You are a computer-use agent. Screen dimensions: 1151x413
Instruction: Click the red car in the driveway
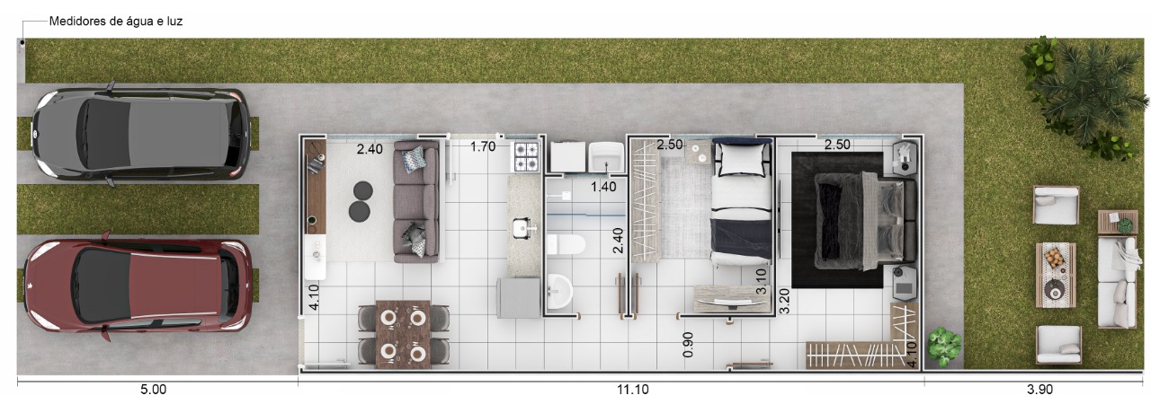pos(138,286)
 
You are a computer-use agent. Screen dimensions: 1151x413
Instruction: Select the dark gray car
pos(139,135)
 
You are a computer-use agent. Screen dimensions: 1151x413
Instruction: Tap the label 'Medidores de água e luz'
pos(116,22)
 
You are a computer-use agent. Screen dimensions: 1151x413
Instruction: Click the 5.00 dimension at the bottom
pos(153,390)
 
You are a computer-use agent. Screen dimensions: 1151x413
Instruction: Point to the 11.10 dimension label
pos(632,390)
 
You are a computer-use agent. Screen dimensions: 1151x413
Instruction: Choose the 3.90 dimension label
pos(1039,390)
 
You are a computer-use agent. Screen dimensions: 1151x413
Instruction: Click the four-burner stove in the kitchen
pos(526,156)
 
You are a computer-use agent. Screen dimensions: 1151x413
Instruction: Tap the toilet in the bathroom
pos(566,244)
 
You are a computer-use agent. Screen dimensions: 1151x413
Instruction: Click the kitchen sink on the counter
pos(523,228)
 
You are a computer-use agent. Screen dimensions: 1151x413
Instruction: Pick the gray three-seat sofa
pos(416,202)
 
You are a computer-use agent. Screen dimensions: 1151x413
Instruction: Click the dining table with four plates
pos(403,335)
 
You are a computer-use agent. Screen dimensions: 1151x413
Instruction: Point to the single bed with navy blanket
pos(742,202)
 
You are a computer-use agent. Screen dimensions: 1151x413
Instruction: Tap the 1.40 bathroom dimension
pos(603,187)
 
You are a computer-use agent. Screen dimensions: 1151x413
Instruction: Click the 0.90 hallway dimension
pos(688,344)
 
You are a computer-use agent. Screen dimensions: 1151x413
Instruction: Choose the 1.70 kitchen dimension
pos(483,146)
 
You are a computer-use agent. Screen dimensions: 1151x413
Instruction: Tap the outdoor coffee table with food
pos(1056,275)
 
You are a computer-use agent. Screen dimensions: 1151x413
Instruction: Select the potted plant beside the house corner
pos(944,346)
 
